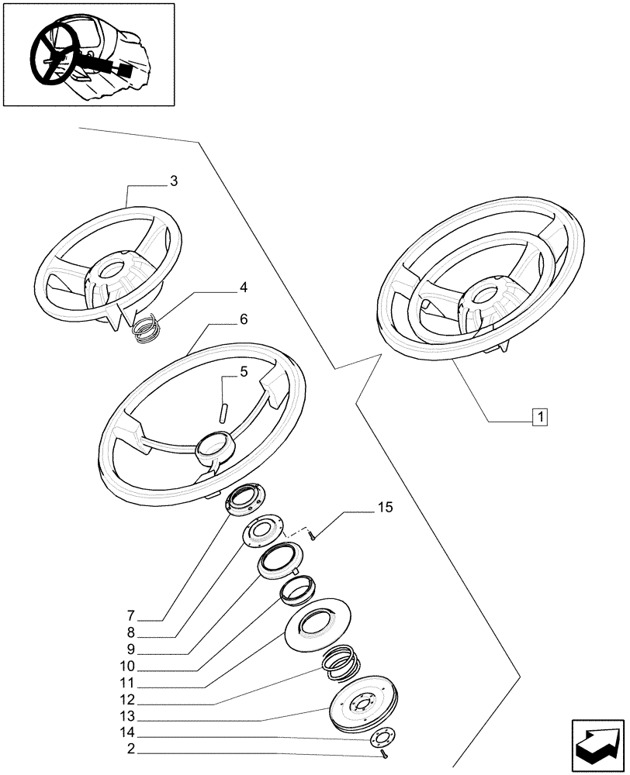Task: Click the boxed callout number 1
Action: point(539,417)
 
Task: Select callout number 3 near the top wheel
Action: point(174,181)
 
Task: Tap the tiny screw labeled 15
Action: point(309,534)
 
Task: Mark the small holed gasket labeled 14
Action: point(381,737)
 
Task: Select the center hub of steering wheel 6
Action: point(213,448)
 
